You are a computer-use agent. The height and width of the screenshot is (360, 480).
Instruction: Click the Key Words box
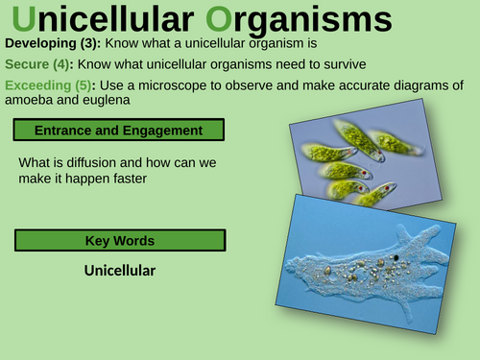[120, 240]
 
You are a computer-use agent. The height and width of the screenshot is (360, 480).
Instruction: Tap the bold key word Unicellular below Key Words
[120, 271]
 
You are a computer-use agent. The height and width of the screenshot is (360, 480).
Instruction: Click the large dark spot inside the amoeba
[395, 258]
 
